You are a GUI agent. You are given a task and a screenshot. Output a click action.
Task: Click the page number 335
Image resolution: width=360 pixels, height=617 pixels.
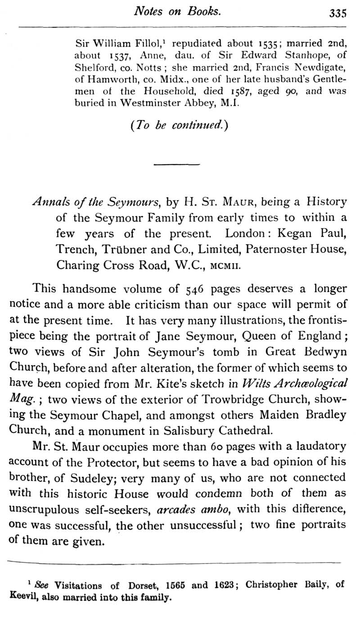coord(337,13)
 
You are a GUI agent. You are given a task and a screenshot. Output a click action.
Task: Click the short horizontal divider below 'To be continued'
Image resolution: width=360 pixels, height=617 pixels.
coord(167,165)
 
